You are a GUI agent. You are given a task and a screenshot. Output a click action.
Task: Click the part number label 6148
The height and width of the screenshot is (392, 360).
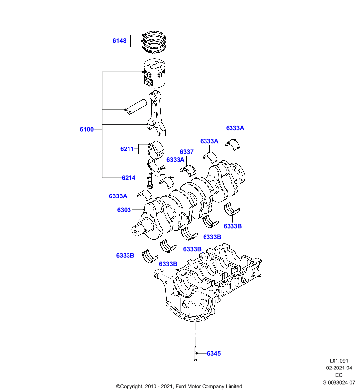point(119,41)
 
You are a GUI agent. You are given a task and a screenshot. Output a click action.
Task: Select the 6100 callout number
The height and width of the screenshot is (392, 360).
point(86,129)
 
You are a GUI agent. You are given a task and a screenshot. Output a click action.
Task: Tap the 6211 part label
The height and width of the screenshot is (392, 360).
point(127,149)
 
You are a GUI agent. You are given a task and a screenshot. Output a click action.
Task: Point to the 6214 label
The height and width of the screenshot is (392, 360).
point(129,178)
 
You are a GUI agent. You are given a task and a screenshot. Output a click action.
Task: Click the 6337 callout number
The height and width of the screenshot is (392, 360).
point(187,152)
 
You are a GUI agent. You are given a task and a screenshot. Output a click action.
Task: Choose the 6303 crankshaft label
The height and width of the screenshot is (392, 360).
point(124,210)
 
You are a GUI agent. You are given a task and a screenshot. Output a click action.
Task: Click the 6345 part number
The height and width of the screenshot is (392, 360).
point(214,353)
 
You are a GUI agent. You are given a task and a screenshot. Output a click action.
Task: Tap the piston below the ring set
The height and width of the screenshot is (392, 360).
point(154,73)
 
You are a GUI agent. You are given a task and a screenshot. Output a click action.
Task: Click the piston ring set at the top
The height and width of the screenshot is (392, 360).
point(154,42)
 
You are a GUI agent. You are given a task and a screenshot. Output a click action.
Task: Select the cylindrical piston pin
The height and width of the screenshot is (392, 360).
point(136,107)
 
